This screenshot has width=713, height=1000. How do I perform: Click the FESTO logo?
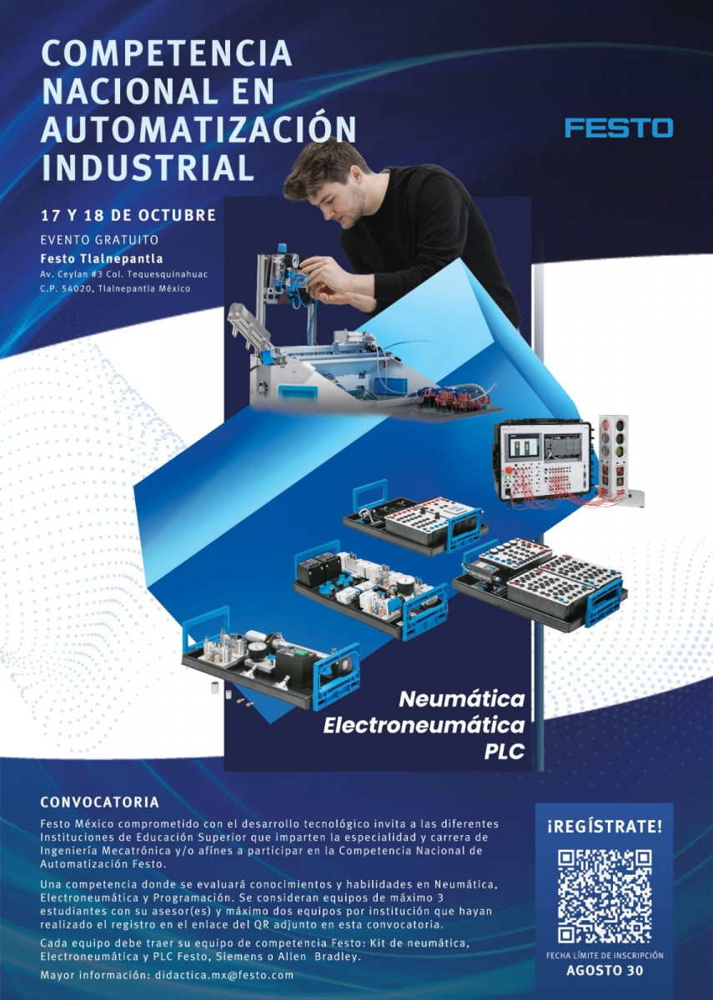(x=618, y=127)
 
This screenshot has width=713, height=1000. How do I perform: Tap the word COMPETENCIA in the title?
(x=167, y=53)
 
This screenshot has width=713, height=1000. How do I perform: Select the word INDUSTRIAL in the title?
(x=148, y=167)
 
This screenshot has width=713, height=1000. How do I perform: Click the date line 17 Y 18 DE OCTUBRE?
(x=128, y=215)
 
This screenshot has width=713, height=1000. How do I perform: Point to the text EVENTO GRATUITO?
(x=99, y=240)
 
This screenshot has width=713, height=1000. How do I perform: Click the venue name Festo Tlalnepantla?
(x=102, y=258)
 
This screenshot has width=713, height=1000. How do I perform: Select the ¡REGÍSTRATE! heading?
(x=605, y=827)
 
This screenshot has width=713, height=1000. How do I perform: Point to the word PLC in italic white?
(x=504, y=752)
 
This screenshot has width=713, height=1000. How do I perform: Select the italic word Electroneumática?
(x=424, y=726)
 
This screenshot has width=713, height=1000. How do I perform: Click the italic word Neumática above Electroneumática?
(x=462, y=699)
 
